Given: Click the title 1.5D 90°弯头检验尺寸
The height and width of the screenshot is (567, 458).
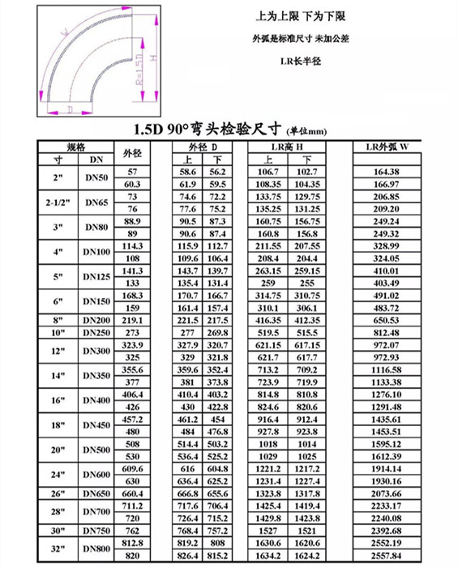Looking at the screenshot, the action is click(229, 130).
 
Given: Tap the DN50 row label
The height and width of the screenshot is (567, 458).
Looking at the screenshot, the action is click(96, 178).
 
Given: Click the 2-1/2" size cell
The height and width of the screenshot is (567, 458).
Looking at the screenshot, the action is click(58, 203).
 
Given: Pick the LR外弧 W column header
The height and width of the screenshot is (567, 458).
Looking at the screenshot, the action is click(395, 147).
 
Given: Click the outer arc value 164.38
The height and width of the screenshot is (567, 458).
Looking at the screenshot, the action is click(395, 172).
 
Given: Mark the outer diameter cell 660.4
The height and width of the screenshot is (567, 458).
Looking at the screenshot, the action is click(131, 492).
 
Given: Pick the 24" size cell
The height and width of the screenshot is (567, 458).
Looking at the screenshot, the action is click(58, 475).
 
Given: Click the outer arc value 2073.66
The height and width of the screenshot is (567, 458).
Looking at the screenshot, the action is click(395, 492).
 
